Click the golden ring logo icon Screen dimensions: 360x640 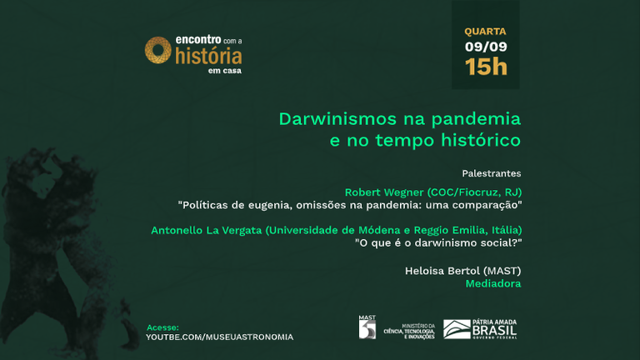[x=158, y=50]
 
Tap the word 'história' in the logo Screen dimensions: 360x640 [x=208, y=56]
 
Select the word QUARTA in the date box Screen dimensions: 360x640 [x=485, y=32]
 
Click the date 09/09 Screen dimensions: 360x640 [x=485, y=47]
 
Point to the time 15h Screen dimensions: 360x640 [x=486, y=67]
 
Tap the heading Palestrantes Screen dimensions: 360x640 [x=491, y=173]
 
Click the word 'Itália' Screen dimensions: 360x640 [x=502, y=229]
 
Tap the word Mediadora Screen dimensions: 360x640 [x=493, y=283]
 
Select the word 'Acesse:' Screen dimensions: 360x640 [x=162, y=327]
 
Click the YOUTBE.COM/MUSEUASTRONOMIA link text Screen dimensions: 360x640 [x=219, y=337]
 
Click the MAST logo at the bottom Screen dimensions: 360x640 [x=367, y=327]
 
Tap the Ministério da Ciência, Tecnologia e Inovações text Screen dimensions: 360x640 [x=407, y=330]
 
